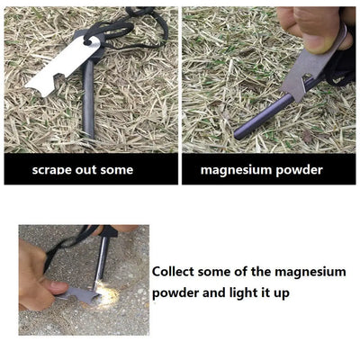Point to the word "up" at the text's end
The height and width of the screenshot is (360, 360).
pyautogui.click(x=278, y=294)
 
